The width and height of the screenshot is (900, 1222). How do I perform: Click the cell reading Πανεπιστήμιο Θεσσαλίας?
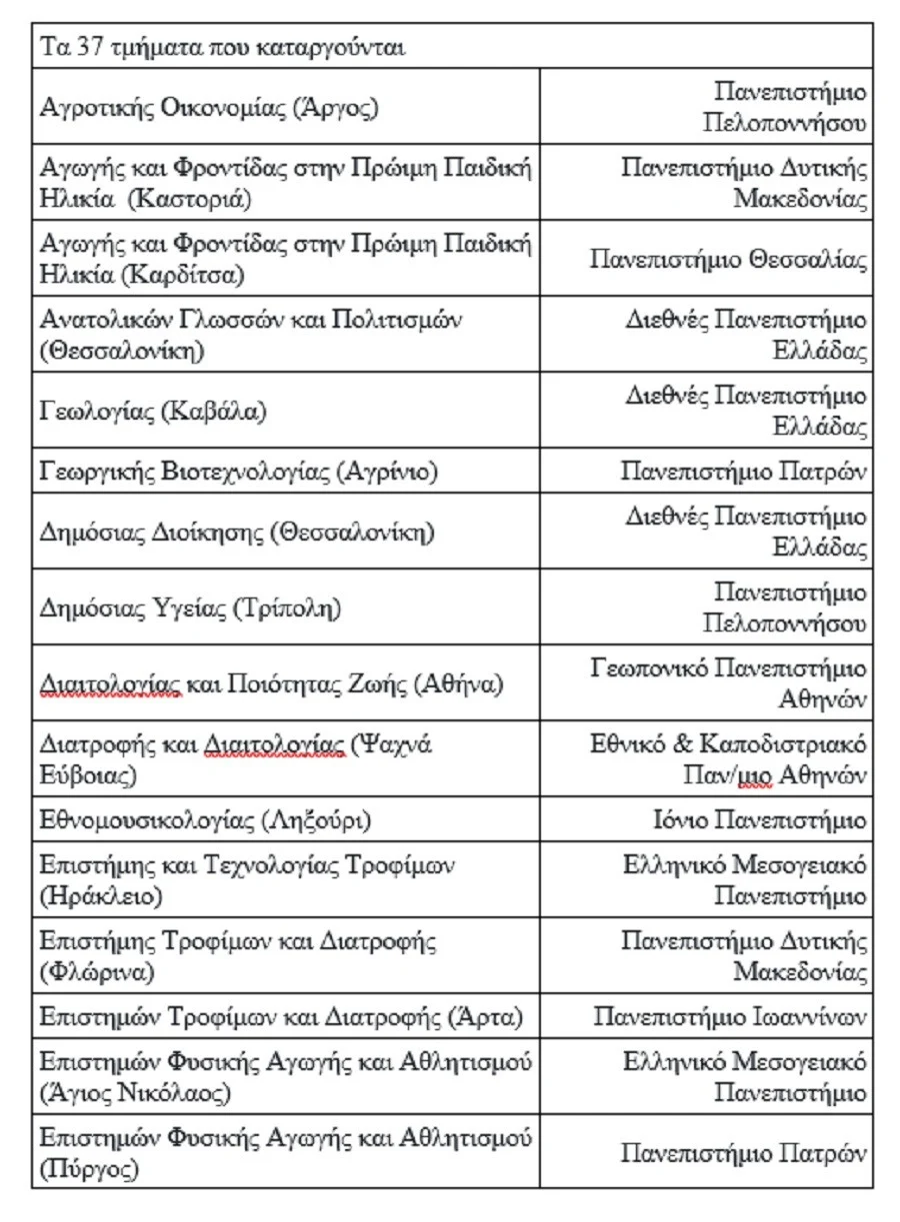[x=728, y=260]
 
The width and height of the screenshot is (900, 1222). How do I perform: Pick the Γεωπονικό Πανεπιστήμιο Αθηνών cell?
[x=728, y=682]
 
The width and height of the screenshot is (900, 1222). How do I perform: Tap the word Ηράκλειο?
[x=100, y=896]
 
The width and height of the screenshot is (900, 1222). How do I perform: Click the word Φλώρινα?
[x=97, y=972]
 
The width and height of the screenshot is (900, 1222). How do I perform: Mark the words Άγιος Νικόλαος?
[x=135, y=1093]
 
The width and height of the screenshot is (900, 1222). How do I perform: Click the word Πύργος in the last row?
[x=89, y=1168]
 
